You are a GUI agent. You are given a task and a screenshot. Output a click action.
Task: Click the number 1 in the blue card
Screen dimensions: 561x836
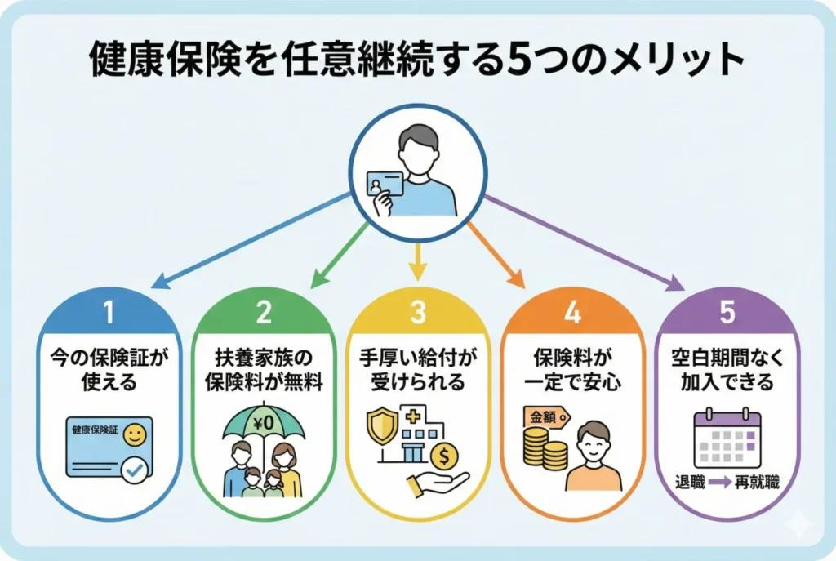click(109, 313)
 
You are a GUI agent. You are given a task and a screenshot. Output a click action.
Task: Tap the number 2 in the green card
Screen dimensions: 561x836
click(263, 313)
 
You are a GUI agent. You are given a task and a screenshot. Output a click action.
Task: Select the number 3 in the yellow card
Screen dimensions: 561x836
click(417, 313)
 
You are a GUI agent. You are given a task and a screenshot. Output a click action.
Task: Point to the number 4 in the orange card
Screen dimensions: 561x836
click(571, 313)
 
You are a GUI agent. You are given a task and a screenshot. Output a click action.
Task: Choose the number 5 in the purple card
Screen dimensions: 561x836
click(725, 313)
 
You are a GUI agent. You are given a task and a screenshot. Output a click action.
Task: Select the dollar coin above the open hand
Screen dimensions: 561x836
click(446, 454)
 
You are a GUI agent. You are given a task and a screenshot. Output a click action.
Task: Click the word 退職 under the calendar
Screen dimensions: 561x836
click(690, 483)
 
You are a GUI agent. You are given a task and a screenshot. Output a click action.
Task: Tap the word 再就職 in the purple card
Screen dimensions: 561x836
click(756, 483)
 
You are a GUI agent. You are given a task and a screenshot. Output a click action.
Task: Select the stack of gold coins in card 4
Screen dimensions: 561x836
click(545, 450)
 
